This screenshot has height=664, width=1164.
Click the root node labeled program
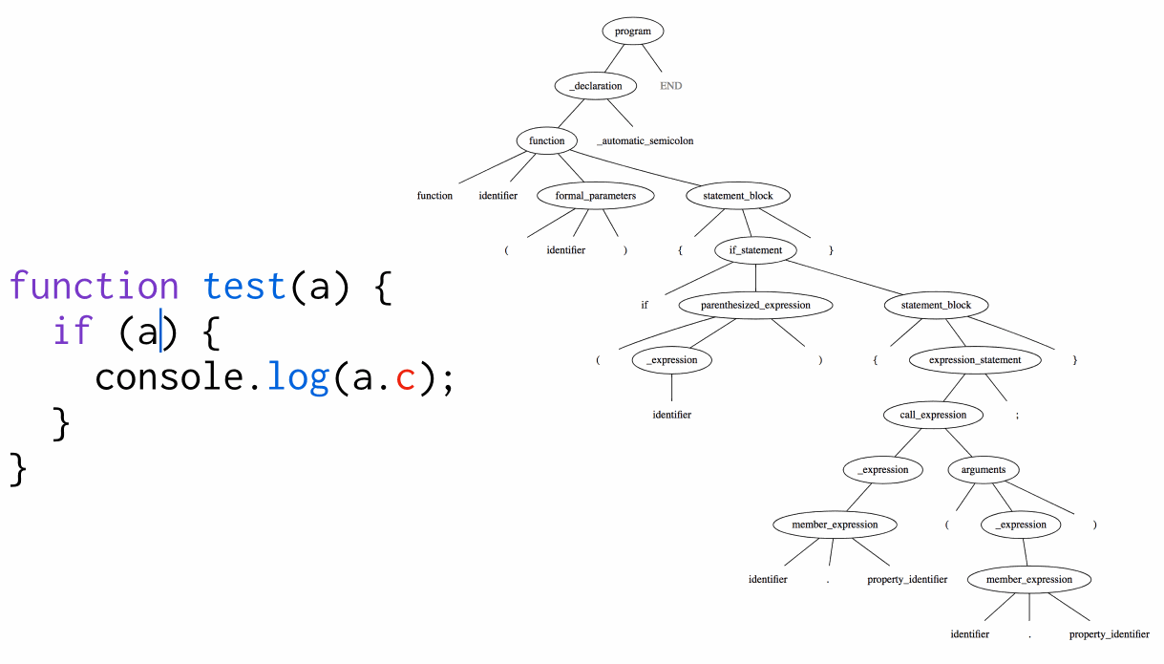(x=632, y=31)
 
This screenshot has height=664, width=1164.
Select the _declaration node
(x=595, y=85)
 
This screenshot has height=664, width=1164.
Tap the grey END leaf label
(x=671, y=86)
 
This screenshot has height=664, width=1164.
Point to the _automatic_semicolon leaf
(x=645, y=140)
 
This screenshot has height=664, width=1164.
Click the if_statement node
(x=755, y=250)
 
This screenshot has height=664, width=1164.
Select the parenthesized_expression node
(x=755, y=306)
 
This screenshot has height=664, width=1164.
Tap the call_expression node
(x=933, y=415)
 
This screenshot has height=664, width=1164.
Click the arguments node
(x=983, y=470)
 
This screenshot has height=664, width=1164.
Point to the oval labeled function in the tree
(x=547, y=140)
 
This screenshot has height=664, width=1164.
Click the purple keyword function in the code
(x=94, y=286)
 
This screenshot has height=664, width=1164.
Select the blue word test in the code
(x=244, y=286)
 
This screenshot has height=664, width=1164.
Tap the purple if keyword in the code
(x=73, y=332)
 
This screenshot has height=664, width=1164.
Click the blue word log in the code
(x=298, y=377)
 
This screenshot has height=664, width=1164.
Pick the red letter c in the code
(x=405, y=378)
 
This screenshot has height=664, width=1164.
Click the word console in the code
(x=169, y=377)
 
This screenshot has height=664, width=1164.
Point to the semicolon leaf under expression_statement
(x=1017, y=416)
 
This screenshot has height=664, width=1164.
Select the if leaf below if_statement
(x=645, y=306)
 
